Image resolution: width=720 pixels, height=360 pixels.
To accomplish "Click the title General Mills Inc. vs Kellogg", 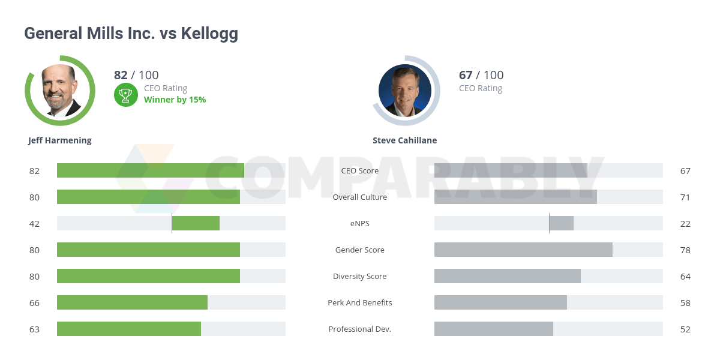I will pos(131,34).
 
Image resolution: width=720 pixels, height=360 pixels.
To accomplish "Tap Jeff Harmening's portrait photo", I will pos(60,91).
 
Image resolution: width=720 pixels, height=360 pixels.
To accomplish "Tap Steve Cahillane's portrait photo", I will pos(405,91).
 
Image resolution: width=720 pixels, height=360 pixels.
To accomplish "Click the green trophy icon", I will pos(125,94).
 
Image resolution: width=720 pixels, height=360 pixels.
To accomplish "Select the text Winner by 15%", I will pos(175,100).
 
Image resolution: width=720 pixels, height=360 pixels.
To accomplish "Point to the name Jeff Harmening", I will pos(60,140).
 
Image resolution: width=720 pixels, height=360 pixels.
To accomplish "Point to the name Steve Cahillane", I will pos(404,140).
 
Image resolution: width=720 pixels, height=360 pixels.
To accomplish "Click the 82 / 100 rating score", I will pos(136,75).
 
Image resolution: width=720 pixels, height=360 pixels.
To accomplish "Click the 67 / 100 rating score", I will pos(481,75).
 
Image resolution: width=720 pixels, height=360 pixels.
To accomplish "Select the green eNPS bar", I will pos(196,223).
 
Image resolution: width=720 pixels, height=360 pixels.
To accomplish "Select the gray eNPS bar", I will pos(561,223).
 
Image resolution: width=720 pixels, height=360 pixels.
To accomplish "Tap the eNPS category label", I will pos(360,223).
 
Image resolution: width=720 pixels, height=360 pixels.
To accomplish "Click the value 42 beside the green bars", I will pos(34,223).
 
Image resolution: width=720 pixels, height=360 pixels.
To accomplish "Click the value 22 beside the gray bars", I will pos(685,223).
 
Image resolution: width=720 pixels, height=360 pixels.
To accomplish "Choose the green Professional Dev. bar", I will pos(129,329).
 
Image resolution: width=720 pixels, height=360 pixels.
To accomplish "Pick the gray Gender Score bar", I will pos(523,250).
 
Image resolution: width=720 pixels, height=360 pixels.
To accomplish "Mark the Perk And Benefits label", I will pos(360,302).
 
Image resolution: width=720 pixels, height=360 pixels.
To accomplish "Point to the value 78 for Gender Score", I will pos(685,250).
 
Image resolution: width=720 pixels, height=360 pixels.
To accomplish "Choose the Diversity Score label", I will pos(360,276).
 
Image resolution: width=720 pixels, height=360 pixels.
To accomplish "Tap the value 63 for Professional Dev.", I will pos(34,329).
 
